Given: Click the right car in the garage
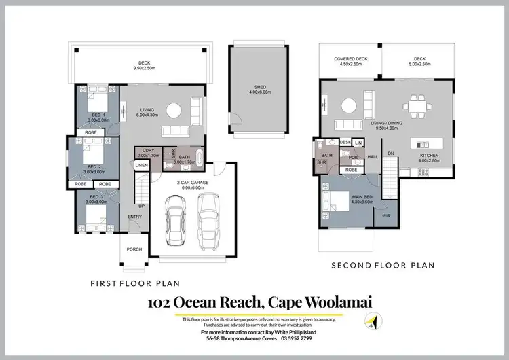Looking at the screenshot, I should coord(207,219).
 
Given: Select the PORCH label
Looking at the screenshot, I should coord(134,249).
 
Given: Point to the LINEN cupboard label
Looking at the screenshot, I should coord(141,166).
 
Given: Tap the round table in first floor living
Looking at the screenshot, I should coord(174,109).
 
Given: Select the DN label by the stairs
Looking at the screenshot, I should coord(390,154).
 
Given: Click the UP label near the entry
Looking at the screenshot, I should coord(141,206).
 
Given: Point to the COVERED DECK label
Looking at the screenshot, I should coord(352,59).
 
